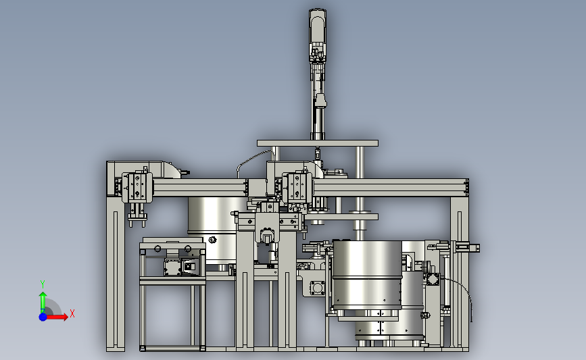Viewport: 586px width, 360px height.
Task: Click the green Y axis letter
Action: [43, 284]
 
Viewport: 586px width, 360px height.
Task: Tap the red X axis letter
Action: [72, 313]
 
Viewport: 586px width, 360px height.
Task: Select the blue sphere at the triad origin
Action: [43, 317]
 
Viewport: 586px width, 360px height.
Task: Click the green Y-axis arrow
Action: [43, 302]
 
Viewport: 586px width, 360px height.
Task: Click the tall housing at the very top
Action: [317, 36]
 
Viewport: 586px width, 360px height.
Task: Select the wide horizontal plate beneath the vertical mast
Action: [317, 143]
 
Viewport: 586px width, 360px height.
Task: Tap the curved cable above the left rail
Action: [253, 161]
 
